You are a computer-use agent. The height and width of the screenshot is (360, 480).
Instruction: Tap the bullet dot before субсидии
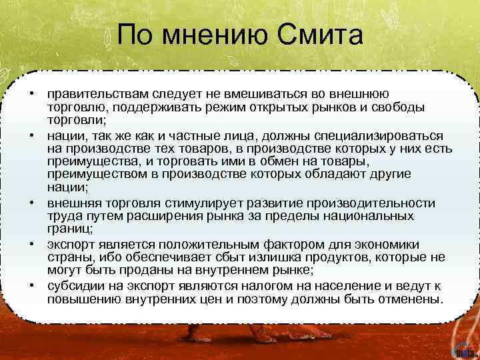point(32,286)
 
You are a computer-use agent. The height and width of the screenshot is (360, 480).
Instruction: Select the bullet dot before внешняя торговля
point(32,203)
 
